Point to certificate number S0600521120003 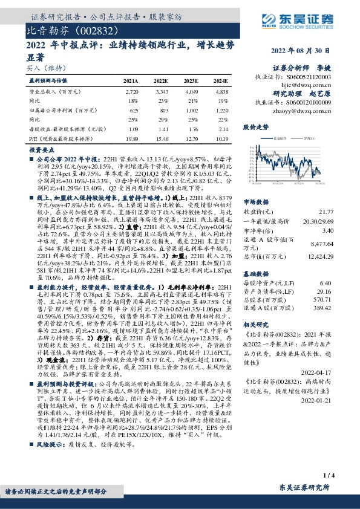click(x=310, y=77)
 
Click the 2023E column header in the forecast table click(x=191, y=80)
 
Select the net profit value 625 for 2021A click(x=134, y=111)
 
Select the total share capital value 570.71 click(x=325, y=299)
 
